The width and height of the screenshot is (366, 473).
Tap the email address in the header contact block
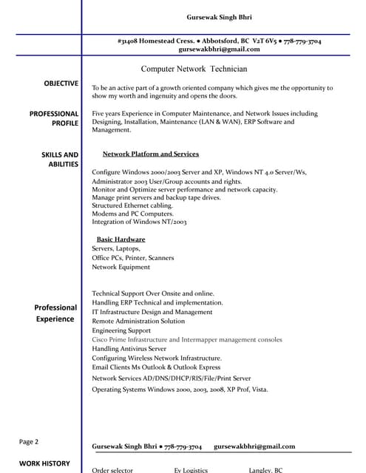point(219,50)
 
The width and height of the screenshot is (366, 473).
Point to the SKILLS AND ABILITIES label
point(59,159)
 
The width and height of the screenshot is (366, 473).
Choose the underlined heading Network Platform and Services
point(150,154)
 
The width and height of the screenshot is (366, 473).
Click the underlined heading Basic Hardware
point(121,239)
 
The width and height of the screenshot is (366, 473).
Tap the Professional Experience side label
point(55,313)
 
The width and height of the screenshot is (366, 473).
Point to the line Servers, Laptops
point(116,249)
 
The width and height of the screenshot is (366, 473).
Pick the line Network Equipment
point(121,267)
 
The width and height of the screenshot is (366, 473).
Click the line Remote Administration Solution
point(138,321)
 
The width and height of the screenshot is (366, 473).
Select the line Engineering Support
point(121,330)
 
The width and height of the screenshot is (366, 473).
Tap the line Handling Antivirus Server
point(129,348)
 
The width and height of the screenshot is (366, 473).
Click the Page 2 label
point(29,442)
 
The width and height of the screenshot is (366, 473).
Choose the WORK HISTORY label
point(44,463)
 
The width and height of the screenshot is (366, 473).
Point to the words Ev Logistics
point(191,470)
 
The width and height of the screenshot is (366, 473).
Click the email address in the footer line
point(254,446)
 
